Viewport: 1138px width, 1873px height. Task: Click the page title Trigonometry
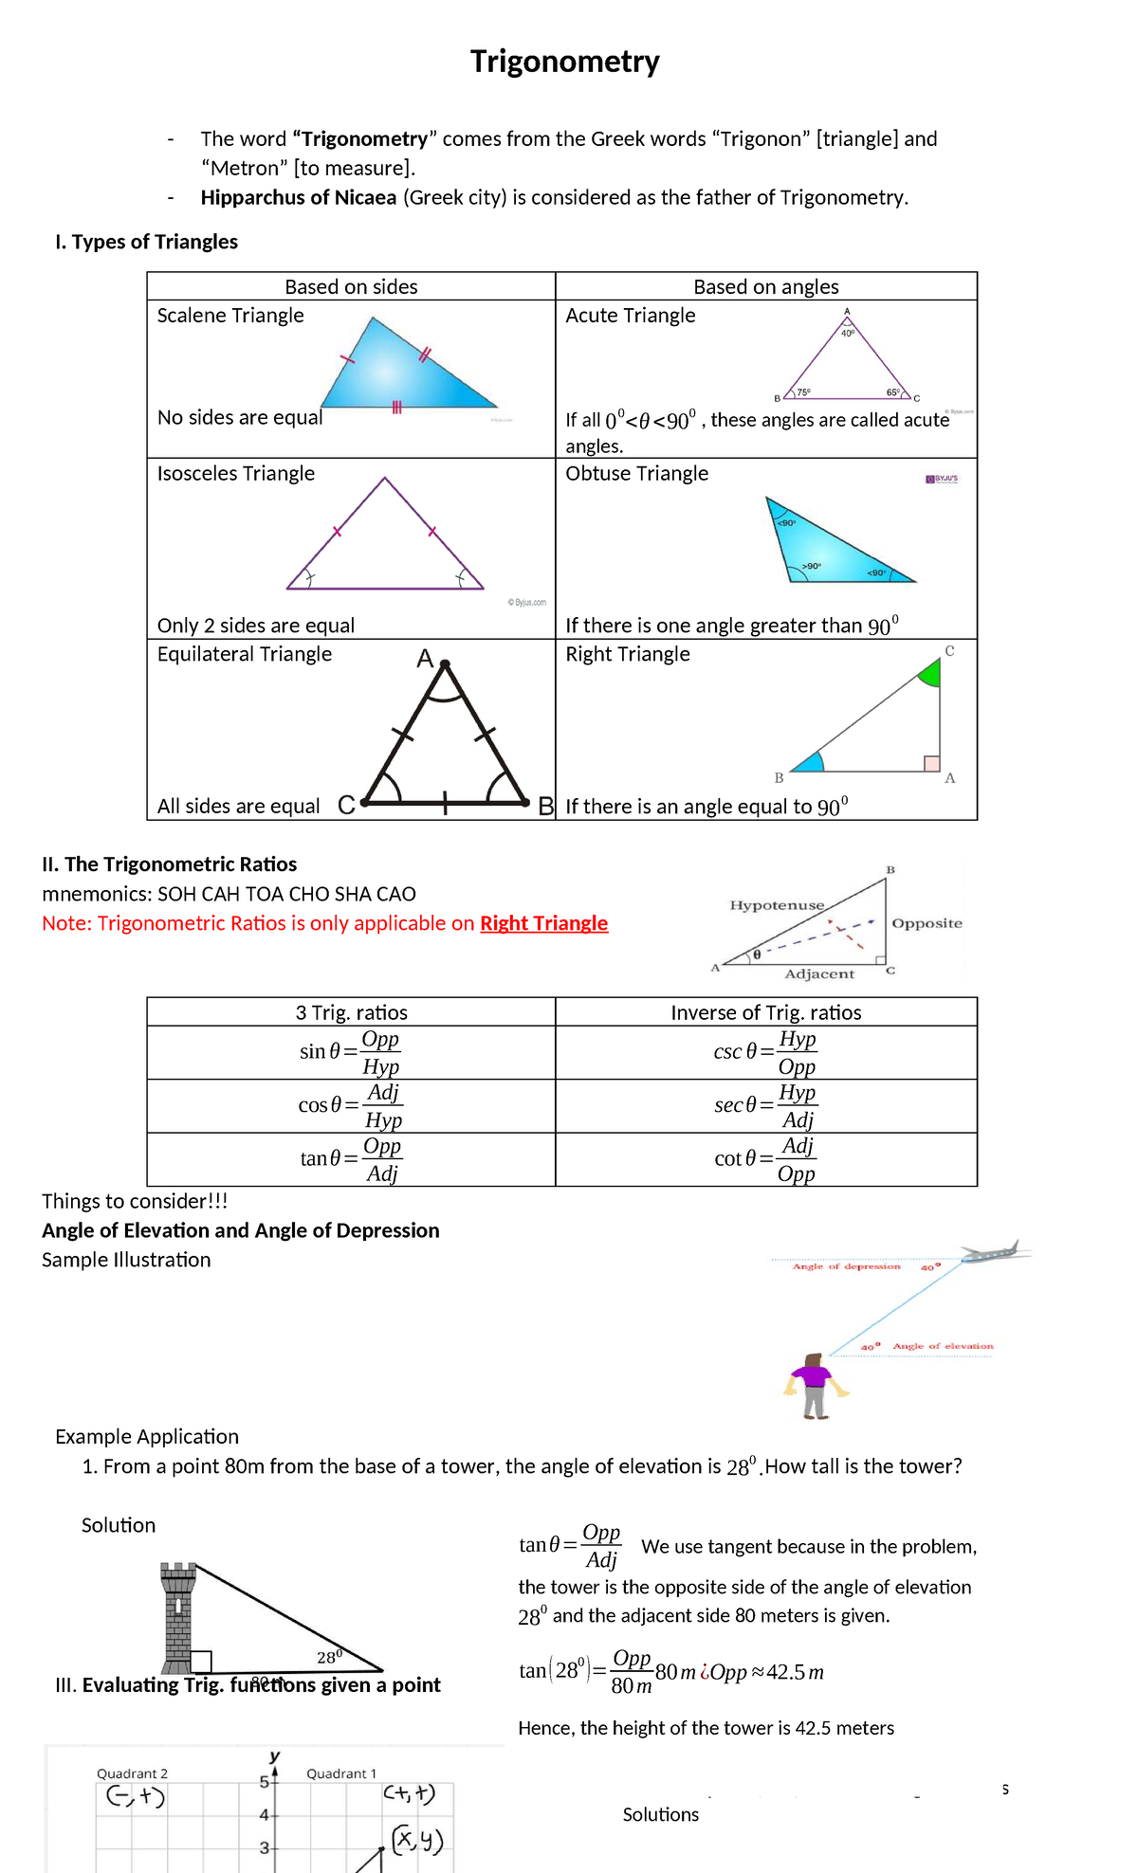(x=565, y=63)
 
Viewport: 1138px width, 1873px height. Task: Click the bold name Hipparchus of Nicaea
(x=298, y=197)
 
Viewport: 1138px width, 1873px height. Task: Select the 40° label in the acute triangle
(x=847, y=334)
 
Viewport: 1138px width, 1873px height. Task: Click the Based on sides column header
(x=351, y=286)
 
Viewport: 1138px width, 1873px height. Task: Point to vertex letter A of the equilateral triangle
(x=425, y=659)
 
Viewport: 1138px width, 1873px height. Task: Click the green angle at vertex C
(x=931, y=674)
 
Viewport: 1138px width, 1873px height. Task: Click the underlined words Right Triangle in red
(x=543, y=923)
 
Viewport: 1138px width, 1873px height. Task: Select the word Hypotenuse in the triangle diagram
(x=777, y=905)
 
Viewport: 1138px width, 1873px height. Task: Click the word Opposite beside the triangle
(x=927, y=923)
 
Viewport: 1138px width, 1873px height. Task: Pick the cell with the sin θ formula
(x=351, y=1052)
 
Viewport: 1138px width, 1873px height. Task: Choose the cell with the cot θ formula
(x=765, y=1159)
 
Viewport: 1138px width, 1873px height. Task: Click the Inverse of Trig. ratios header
(x=765, y=1012)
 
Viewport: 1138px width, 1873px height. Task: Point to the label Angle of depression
(x=846, y=1266)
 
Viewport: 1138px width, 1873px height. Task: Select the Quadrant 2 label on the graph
(x=132, y=1773)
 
